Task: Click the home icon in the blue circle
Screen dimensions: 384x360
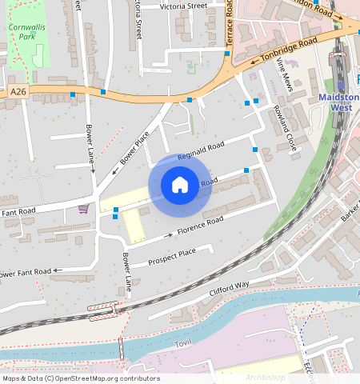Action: click(x=180, y=185)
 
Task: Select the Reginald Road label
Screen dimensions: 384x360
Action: click(x=202, y=148)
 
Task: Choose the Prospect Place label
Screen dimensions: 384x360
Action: click(x=172, y=255)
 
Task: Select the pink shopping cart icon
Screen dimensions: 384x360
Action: click(x=83, y=209)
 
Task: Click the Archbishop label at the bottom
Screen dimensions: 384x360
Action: click(x=266, y=377)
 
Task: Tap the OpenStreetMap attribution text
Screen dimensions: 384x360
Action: click(x=80, y=378)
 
